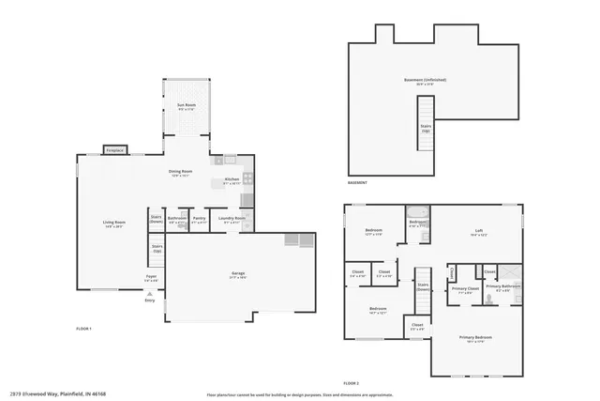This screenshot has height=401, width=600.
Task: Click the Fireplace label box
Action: pyautogui.click(x=115, y=149)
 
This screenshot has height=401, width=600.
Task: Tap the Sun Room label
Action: pyautogui.click(x=187, y=106)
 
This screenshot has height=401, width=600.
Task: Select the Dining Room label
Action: pyautogui.click(x=180, y=173)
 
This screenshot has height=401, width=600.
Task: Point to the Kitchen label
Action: pyautogui.click(x=232, y=181)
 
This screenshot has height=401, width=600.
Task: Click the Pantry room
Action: pyautogui.click(x=199, y=221)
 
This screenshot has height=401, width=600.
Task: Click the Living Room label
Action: pyautogui.click(x=113, y=224)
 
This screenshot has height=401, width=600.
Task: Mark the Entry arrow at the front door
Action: pyautogui.click(x=149, y=293)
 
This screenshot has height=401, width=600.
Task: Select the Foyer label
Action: pyautogui.click(x=150, y=278)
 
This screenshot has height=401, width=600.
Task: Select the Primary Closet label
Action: pyautogui.click(x=465, y=290)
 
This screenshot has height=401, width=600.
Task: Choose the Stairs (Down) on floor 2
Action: pyautogui.click(x=423, y=286)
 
